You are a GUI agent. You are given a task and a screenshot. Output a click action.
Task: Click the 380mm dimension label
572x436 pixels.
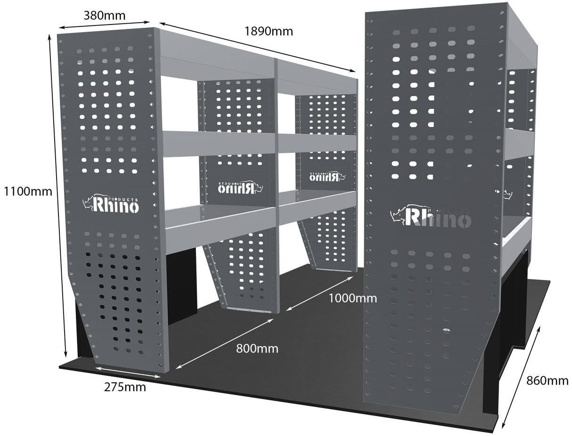point(104,15)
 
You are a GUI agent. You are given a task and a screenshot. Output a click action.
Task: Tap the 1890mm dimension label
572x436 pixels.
point(269,31)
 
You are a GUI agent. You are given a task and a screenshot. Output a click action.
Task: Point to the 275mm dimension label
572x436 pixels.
point(125,387)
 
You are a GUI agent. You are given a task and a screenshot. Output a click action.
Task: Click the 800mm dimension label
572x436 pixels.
point(257,349)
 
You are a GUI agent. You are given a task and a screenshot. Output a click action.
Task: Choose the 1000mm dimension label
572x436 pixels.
point(352,298)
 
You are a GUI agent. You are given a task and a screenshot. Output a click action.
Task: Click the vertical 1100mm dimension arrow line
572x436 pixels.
point(58,196)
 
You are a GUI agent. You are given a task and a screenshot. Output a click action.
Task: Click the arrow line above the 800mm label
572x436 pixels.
point(225,343)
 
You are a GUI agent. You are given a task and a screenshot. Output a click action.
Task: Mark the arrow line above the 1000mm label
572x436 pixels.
point(319,293)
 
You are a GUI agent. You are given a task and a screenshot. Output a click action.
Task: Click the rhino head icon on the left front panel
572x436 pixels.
point(88,203)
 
